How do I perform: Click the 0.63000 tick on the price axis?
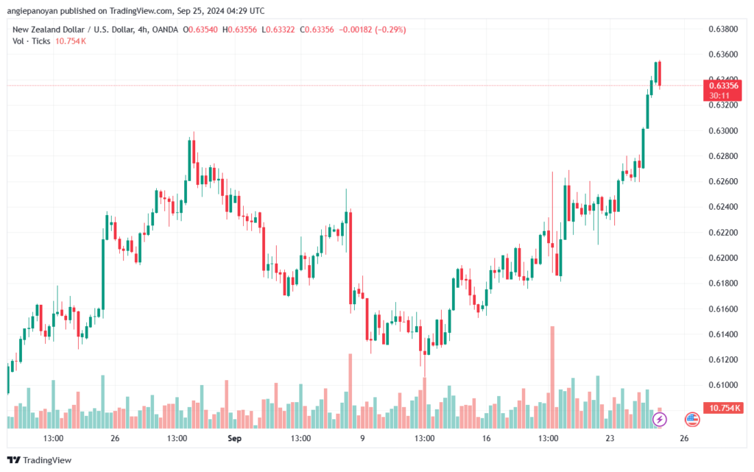click(723, 131)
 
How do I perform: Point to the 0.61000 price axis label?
click(723, 385)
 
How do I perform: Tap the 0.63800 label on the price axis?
click(723, 29)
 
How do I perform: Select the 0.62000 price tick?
click(723, 258)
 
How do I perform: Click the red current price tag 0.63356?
click(723, 91)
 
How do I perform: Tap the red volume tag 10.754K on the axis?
click(723, 408)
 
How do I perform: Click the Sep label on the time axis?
click(234, 438)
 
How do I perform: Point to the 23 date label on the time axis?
click(610, 438)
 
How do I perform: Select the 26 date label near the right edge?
click(684, 438)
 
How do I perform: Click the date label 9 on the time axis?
click(362, 438)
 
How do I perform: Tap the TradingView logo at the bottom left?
click(40, 460)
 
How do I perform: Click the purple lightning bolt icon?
click(659, 420)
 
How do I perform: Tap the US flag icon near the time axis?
click(692, 420)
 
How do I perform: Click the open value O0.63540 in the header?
click(200, 29)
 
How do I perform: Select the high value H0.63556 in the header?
click(239, 29)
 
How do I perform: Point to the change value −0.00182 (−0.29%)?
click(372, 29)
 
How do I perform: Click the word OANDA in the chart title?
click(165, 29)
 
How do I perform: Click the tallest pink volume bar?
click(552, 377)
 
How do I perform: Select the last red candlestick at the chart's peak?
click(660, 74)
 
